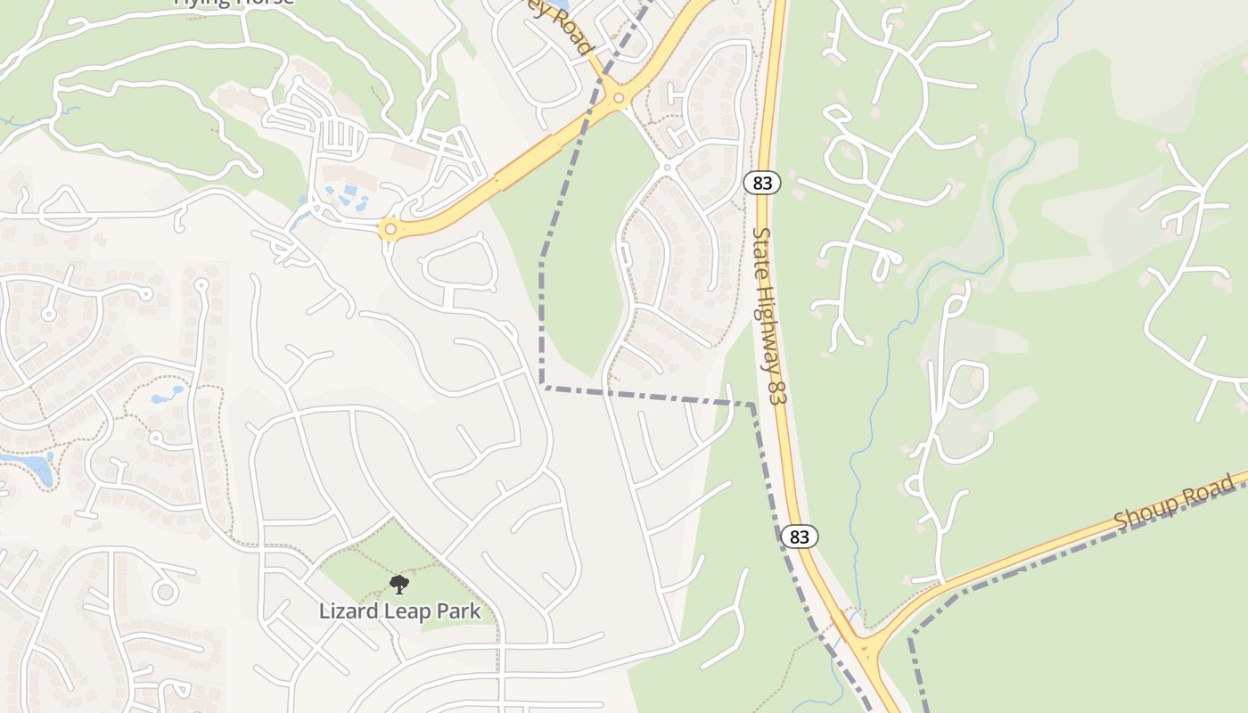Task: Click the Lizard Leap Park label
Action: pos(399,611)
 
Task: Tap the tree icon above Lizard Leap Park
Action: pos(399,585)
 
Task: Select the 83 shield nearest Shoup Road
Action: pos(799,536)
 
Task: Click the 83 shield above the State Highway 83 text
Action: pos(761,183)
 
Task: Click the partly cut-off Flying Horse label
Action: pos(234,3)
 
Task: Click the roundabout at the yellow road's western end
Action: pos(389,229)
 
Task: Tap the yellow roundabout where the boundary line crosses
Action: pos(617,96)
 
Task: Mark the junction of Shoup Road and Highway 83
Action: pos(860,643)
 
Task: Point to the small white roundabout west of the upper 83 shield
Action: pos(667,166)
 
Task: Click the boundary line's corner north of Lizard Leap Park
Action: pos(542,386)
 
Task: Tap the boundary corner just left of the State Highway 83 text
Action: pos(753,406)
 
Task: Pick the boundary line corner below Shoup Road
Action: pos(910,638)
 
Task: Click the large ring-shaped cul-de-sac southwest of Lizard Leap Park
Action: pos(165,590)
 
